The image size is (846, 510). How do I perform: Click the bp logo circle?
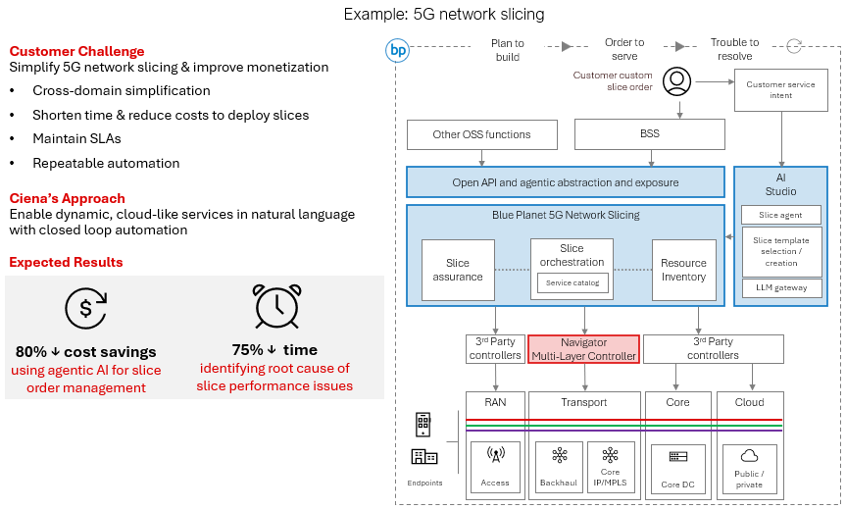click(397, 50)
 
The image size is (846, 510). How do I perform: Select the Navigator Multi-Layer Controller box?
click(584, 349)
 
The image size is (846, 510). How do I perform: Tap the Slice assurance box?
click(458, 270)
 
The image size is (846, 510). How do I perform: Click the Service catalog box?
click(572, 283)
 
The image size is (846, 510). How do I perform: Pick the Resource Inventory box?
click(683, 270)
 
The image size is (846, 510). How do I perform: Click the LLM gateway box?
click(781, 287)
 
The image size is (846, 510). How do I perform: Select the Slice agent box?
click(781, 215)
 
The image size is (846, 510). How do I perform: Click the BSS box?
click(649, 134)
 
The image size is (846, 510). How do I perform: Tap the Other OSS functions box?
click(481, 134)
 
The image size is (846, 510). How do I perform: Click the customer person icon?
click(676, 80)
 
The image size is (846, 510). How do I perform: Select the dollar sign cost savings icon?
click(85, 309)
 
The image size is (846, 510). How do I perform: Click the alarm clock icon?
click(275, 306)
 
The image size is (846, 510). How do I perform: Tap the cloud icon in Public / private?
click(749, 456)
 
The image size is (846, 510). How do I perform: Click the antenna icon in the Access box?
click(495, 455)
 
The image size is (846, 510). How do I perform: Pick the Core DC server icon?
click(677, 457)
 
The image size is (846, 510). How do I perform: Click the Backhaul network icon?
click(560, 455)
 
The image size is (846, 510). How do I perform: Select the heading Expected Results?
click(66, 262)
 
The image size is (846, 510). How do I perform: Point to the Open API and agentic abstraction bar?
click(567, 181)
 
